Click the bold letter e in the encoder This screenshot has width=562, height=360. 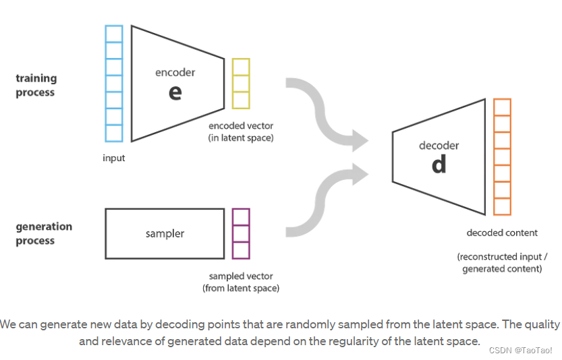tap(175, 92)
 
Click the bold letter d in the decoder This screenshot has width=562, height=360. tap(439, 164)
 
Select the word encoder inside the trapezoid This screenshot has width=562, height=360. tap(175, 73)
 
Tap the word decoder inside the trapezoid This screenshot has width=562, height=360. tap(439, 146)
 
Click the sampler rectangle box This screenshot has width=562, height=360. tap(165, 233)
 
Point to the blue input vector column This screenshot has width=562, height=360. tap(114, 84)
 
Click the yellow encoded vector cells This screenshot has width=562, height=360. tap(241, 84)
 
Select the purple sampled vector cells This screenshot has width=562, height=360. tap(241, 233)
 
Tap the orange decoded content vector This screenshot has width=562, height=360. tap(502, 156)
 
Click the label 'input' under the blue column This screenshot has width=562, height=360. tap(114, 158)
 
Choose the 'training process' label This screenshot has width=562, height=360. tap(36, 86)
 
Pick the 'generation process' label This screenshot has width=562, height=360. tap(44, 233)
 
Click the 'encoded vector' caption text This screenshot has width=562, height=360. tap(241, 126)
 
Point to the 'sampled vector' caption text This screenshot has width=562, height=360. tap(241, 276)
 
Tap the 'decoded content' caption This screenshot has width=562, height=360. tap(502, 233)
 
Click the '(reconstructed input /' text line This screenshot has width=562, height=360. tap(502, 257)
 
